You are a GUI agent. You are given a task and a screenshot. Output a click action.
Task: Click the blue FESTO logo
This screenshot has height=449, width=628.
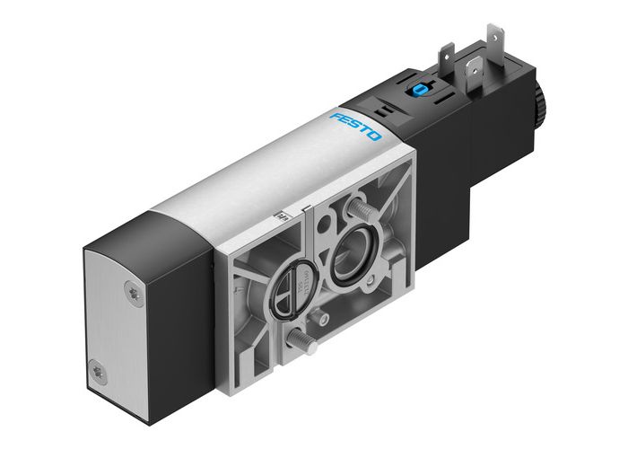(356, 126)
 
